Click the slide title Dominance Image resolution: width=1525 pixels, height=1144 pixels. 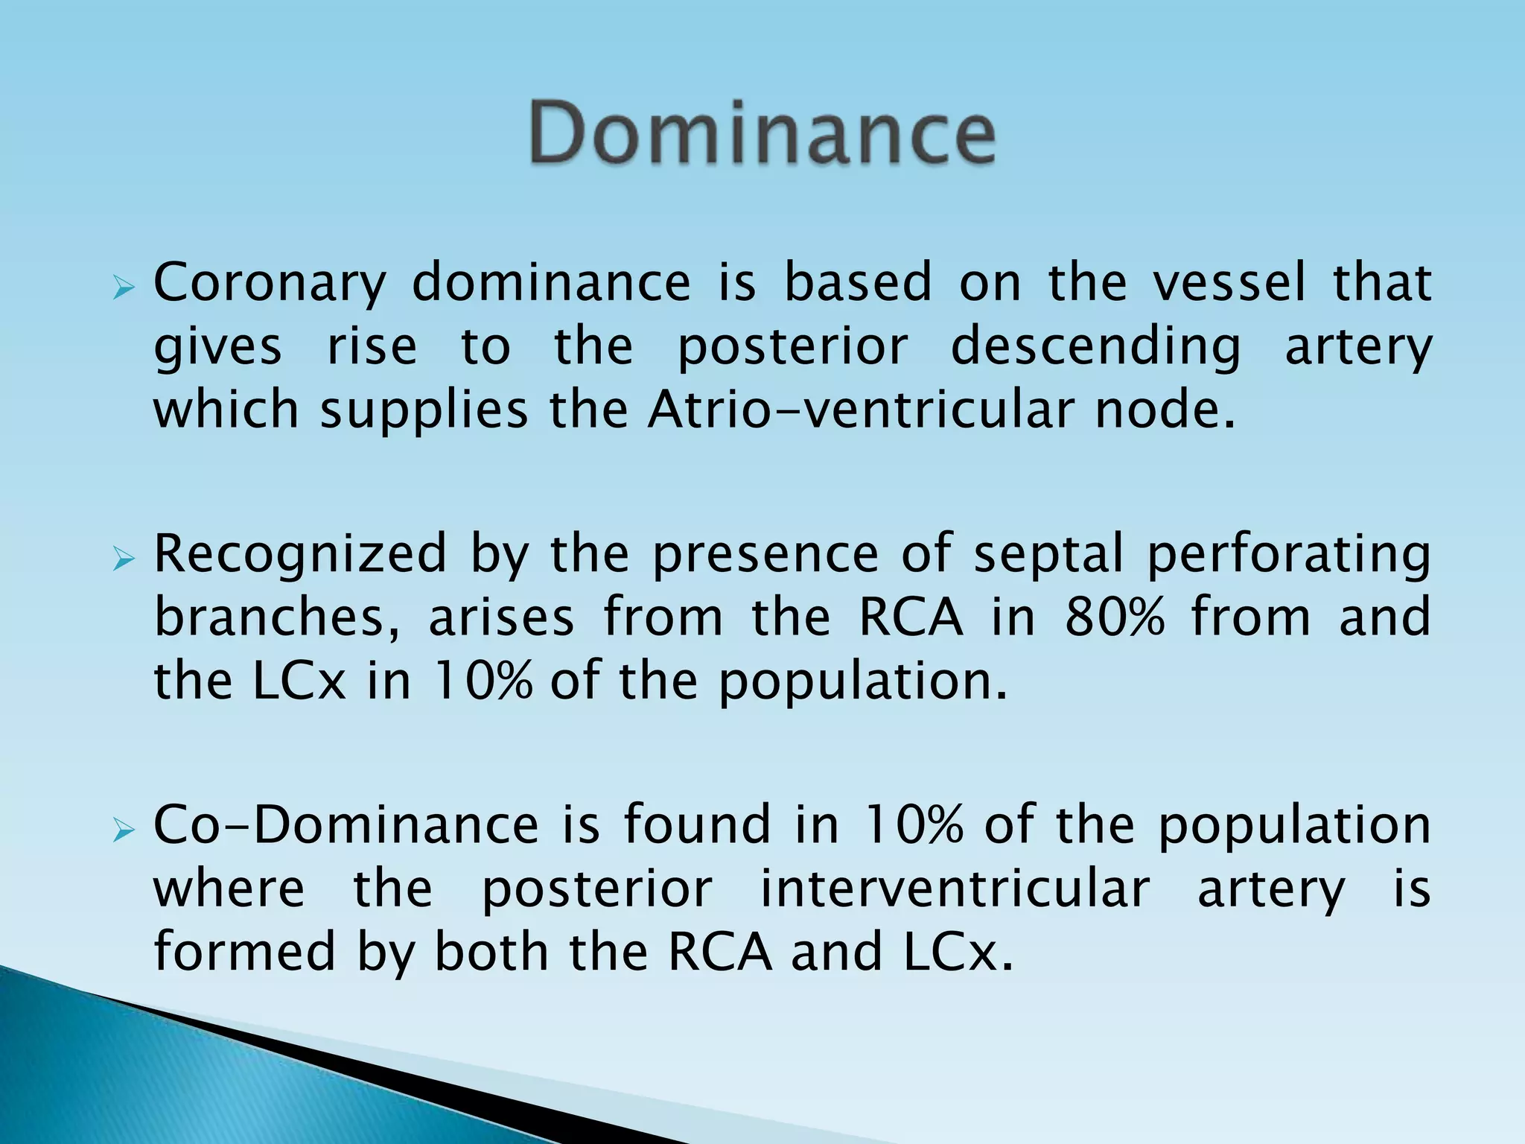coord(762,133)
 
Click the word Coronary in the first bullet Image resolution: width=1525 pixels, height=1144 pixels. coord(270,284)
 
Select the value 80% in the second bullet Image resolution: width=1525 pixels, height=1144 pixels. coord(1114,617)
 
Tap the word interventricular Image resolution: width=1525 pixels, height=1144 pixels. coord(955,889)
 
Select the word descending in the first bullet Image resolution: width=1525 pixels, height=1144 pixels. coord(1096,348)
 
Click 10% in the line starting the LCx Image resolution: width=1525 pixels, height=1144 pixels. coord(482,681)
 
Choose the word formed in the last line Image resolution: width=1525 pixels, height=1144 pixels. coord(244,951)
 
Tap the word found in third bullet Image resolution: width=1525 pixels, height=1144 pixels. coord(696,824)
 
